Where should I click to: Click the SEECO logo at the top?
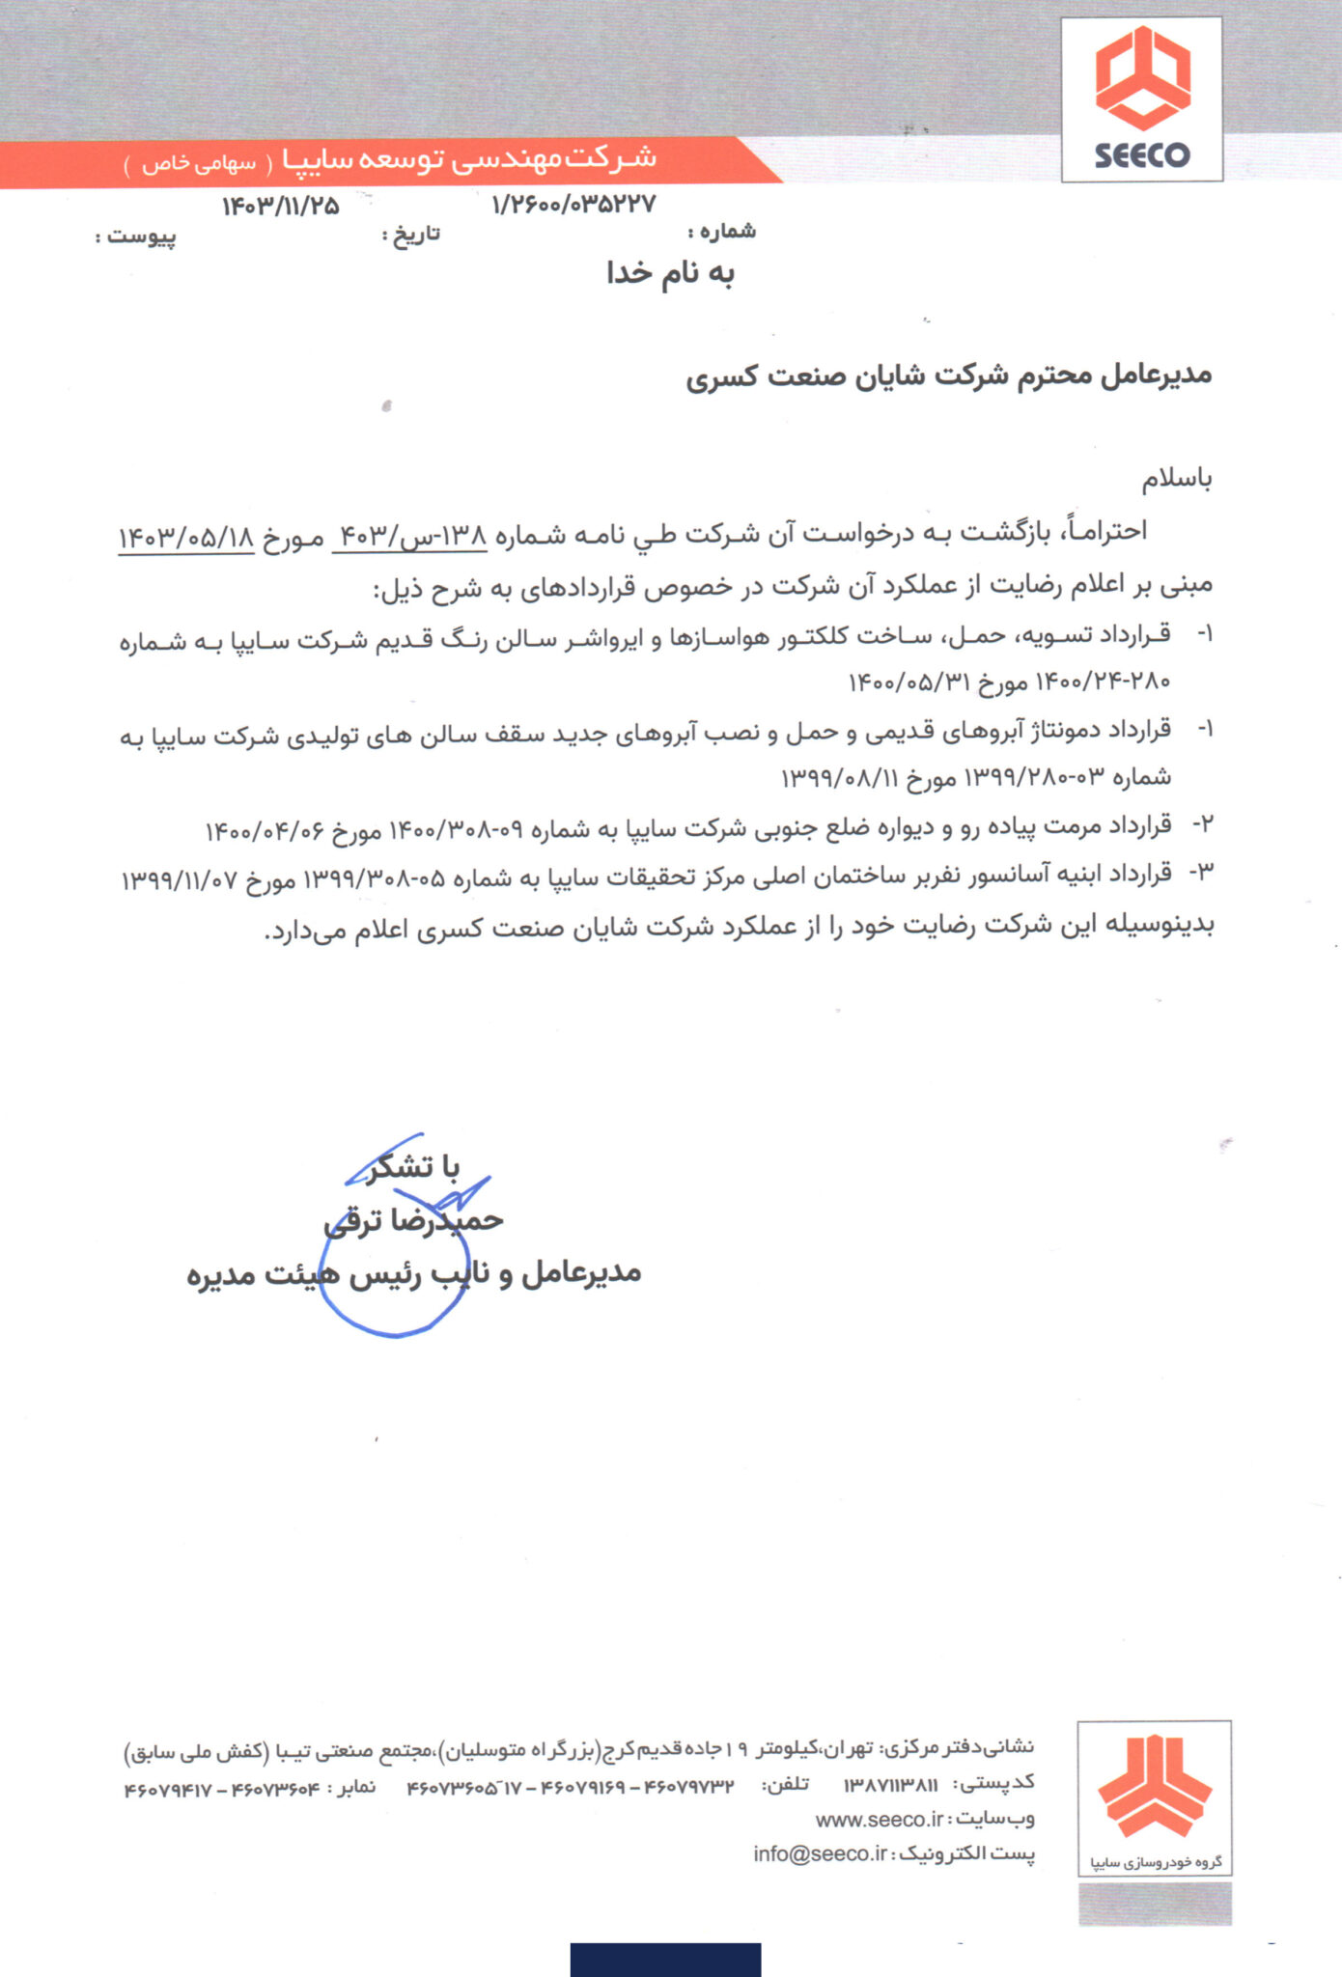tap(1141, 98)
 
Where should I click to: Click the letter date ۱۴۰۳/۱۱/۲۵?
tap(281, 206)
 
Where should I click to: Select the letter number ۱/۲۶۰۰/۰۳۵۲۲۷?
tap(573, 204)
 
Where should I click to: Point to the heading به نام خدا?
tap(670, 274)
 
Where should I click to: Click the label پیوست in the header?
tap(140, 237)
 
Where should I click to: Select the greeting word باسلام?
tap(1177, 479)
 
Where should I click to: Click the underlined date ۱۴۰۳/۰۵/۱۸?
tap(186, 538)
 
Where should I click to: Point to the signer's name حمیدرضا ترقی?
tap(413, 1221)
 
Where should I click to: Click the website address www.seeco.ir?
tap(879, 1819)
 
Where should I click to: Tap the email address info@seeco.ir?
tap(820, 1853)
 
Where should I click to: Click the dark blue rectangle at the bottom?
tap(665, 1960)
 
